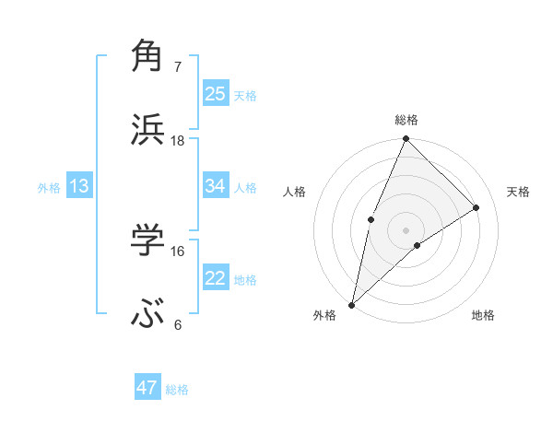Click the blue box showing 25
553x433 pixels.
tap(216, 93)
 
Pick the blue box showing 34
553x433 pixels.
tap(216, 186)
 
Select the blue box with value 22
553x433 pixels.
tap(216, 278)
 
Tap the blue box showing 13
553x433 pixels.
tap(79, 186)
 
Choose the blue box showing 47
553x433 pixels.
tap(147, 388)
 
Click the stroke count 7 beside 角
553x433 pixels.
tap(178, 67)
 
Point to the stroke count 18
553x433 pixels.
tap(178, 141)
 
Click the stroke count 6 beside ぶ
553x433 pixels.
tap(178, 325)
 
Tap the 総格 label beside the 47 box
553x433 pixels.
tap(177, 390)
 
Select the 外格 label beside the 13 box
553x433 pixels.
tap(49, 188)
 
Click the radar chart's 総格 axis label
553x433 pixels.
tap(406, 120)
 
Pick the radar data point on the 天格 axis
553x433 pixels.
tap(477, 207)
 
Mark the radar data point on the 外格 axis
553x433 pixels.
tap(352, 304)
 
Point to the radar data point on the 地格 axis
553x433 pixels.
tap(418, 245)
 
